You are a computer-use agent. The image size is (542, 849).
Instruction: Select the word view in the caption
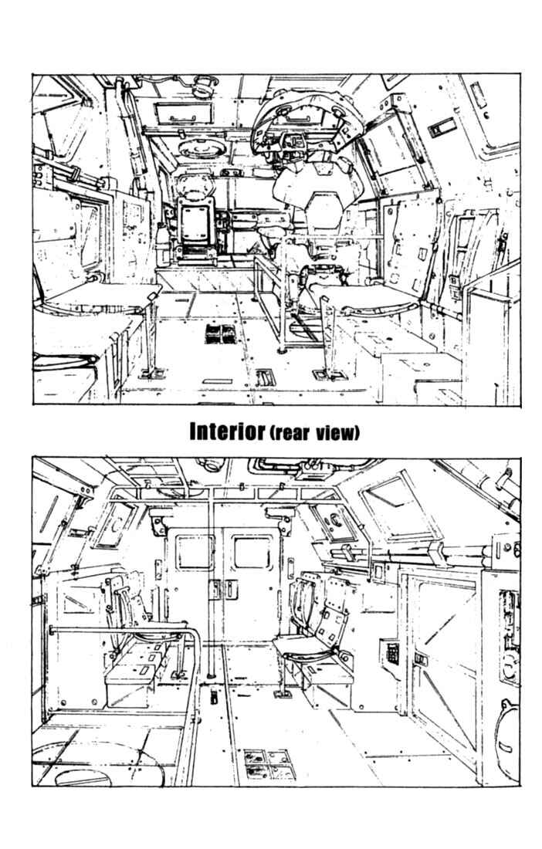click(335, 433)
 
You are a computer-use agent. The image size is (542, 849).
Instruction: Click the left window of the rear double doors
click(195, 552)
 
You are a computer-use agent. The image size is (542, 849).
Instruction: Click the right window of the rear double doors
click(252, 552)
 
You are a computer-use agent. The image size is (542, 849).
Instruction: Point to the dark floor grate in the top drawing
click(221, 334)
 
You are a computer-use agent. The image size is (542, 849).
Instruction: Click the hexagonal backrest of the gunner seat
click(324, 211)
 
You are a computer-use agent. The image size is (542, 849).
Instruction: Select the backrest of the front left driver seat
click(194, 223)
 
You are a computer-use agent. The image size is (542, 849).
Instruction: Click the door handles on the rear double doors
click(224, 590)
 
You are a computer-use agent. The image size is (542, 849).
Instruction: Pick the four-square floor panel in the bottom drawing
click(269, 764)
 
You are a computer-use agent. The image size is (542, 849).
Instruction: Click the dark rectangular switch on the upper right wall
click(442, 128)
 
